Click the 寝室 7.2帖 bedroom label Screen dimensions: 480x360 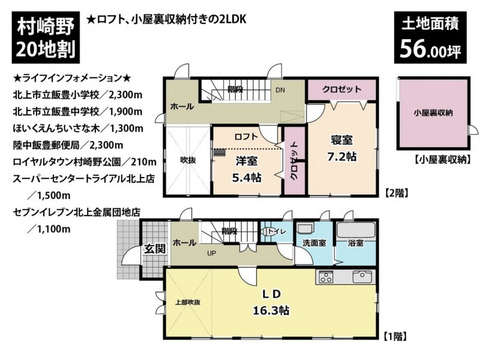coord(342,148)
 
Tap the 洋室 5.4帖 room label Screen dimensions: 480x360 coord(247,169)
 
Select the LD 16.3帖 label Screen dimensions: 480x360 coord(272,302)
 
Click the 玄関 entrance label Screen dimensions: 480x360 coord(155,249)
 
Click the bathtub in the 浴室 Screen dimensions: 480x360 coord(355,230)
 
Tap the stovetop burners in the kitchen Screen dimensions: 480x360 coord(326,277)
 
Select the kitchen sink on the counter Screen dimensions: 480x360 coord(362,277)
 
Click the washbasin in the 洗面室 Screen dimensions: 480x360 coord(305,230)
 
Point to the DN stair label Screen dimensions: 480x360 coord(280,90)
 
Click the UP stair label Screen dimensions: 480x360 coord(212,253)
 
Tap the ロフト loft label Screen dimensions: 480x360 coord(246,137)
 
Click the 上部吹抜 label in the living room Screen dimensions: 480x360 coord(188,302)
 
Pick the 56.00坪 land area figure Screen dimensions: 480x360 coord(430,49)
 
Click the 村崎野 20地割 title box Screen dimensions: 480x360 coord(46,37)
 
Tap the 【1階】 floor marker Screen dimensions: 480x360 coord(395,337)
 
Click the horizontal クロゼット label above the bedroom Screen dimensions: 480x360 coord(341,89)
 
